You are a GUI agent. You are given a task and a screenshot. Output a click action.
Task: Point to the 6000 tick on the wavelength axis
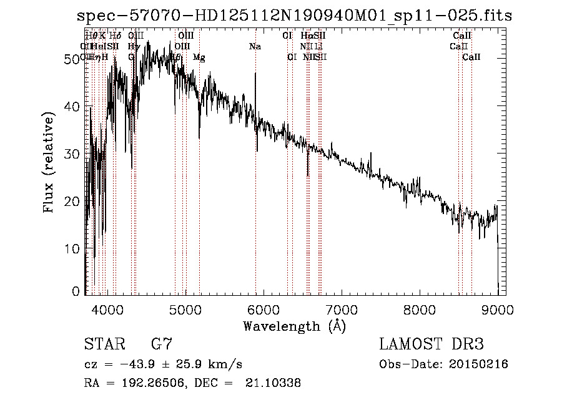[263, 309]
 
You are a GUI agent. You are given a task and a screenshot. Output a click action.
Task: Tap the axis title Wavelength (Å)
[294, 326]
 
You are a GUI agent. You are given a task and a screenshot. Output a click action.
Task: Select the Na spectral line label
[255, 47]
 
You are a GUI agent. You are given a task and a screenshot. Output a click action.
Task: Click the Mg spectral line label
[199, 57]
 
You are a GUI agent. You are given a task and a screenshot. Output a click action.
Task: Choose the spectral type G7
[160, 344]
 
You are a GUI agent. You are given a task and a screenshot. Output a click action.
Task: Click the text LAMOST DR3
[431, 344]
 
